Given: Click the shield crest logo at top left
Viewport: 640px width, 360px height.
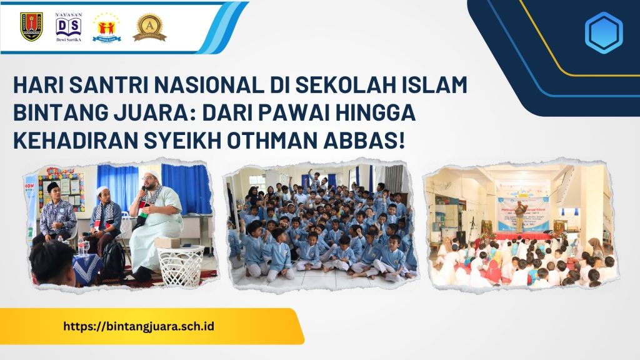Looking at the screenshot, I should [31, 27].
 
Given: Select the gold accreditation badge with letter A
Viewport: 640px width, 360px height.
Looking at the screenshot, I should [149, 27].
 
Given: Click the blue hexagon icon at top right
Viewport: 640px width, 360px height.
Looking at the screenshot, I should [603, 32].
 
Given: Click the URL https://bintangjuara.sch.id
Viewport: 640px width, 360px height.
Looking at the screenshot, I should [139, 326].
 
